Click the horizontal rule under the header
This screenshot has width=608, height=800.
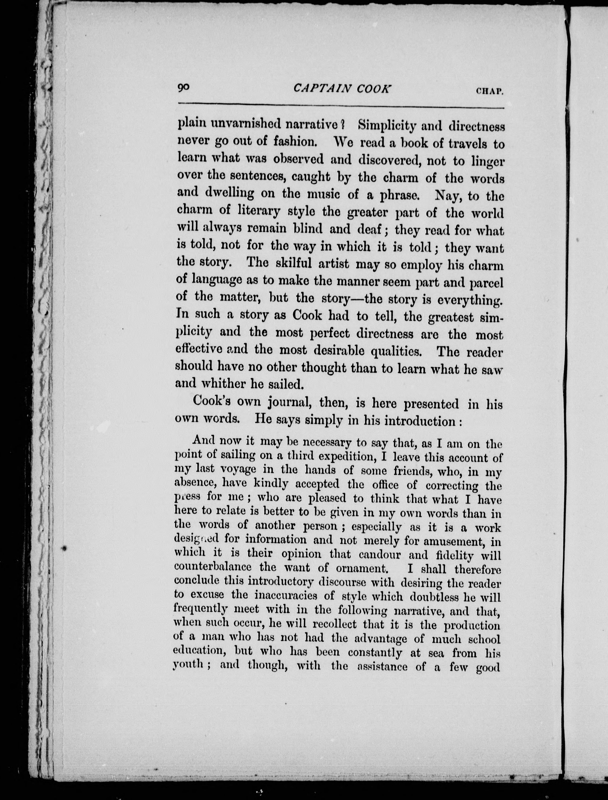pyautogui.click(x=340, y=107)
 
